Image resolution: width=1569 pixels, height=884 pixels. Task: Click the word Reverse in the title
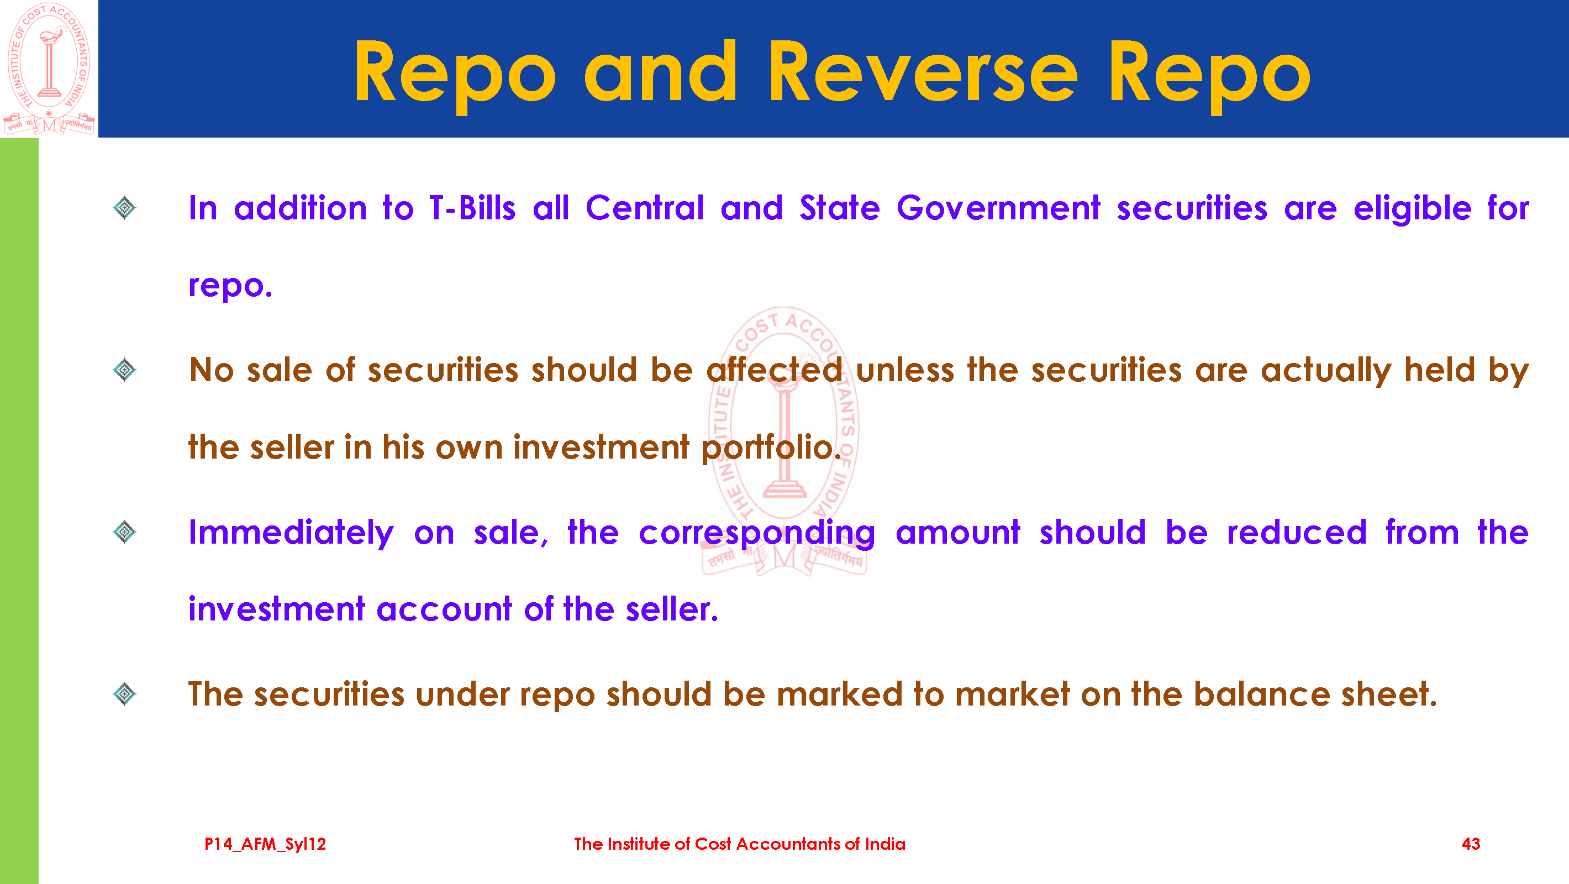(923, 71)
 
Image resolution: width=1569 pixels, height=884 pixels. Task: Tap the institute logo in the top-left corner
(49, 69)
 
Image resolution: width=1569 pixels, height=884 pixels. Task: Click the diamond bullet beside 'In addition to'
(125, 208)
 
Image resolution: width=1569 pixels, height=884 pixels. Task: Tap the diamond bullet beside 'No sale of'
(125, 370)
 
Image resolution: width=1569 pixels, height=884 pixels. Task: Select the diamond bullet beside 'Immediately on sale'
(125, 533)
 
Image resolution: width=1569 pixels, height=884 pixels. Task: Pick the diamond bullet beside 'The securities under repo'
(125, 694)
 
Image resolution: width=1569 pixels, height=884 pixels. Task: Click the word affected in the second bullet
(775, 370)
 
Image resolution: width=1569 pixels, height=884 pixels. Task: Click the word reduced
(1297, 533)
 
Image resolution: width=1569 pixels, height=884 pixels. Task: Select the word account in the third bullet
(444, 610)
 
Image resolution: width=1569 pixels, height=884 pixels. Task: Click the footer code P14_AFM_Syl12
(265, 844)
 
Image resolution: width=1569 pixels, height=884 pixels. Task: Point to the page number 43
(1471, 844)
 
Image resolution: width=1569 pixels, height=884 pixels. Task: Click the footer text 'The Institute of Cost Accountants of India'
(739, 844)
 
